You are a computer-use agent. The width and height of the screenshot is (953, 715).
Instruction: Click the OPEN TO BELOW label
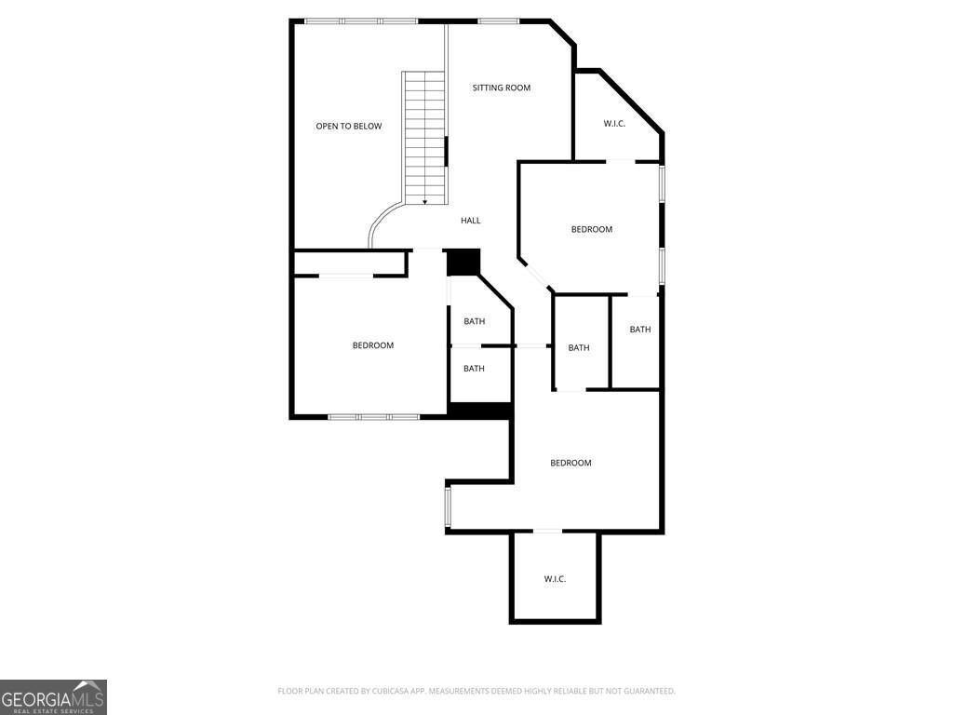click(348, 127)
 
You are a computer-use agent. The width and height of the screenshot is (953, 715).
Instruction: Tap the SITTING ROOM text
click(501, 88)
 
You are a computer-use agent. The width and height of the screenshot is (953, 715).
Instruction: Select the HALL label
click(471, 221)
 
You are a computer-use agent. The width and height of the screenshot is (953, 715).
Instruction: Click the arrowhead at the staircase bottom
click(425, 201)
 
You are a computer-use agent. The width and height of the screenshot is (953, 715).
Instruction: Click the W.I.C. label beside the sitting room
click(614, 124)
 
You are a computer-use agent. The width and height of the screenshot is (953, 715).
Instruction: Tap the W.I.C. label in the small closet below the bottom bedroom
click(555, 579)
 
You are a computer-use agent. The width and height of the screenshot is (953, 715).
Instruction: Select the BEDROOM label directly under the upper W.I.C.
click(592, 229)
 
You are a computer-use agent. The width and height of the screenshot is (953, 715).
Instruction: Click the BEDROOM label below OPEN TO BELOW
click(372, 345)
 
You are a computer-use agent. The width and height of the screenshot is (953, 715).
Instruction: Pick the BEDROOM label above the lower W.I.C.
click(570, 463)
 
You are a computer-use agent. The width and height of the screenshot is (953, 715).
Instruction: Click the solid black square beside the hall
click(463, 263)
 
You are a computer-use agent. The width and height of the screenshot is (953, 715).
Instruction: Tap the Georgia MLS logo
click(53, 697)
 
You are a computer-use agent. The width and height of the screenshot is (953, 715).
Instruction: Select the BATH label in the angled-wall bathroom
click(475, 321)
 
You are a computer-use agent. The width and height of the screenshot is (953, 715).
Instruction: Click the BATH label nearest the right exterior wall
click(640, 330)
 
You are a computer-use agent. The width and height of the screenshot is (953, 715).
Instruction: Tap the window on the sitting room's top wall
click(498, 20)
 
